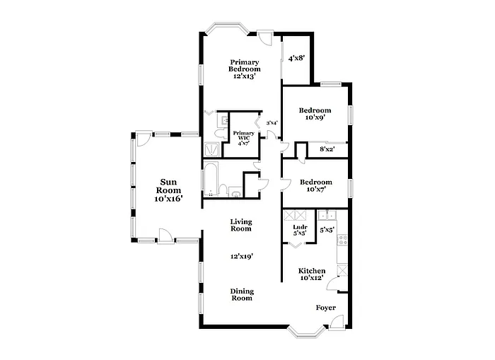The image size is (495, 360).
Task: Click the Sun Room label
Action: [168, 190]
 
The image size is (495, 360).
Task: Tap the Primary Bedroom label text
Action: [245, 69]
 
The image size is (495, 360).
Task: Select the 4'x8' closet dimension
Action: [296, 59]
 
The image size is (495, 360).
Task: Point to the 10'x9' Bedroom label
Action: [315, 114]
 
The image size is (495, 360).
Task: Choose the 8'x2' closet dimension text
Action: [327, 149]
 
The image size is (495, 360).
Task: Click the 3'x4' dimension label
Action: [272, 123]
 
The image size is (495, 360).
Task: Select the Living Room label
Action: [241, 225]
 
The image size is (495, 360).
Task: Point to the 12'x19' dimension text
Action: [241, 257]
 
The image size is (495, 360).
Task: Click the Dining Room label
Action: [242, 294]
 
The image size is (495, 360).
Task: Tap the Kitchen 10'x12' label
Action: [311, 274]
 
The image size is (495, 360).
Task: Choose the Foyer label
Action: [325, 308]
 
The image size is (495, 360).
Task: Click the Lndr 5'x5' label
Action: [299, 229]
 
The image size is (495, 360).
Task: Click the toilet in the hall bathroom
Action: [235, 191]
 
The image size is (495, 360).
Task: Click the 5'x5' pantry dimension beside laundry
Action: [326, 229]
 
